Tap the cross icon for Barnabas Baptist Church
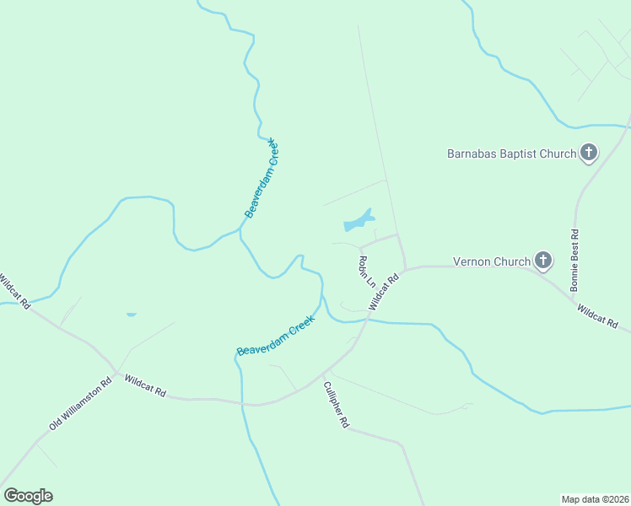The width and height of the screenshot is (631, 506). [x=589, y=153]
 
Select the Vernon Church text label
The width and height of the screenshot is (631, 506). [x=491, y=261]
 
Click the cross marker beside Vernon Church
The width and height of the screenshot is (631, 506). [x=543, y=261]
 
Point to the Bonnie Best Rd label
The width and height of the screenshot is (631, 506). [x=574, y=260]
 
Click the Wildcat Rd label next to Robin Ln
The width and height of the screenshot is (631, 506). [x=382, y=291]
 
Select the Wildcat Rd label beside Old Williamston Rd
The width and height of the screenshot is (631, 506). [x=145, y=387]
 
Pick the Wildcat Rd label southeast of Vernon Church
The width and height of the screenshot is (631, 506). [x=598, y=317]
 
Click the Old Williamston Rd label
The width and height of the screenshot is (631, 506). [x=80, y=403]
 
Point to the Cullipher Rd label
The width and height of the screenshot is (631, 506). [x=336, y=406]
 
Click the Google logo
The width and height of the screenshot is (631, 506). [x=28, y=496]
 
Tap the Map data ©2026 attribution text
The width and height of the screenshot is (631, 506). [x=595, y=498]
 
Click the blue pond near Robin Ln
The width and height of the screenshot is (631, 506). [x=358, y=222]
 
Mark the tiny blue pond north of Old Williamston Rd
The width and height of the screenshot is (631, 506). [x=131, y=315]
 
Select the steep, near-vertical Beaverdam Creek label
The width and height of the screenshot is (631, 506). [x=262, y=178]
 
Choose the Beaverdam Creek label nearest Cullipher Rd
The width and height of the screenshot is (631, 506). [x=276, y=335]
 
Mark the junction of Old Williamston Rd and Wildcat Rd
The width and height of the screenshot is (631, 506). [x=116, y=372]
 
